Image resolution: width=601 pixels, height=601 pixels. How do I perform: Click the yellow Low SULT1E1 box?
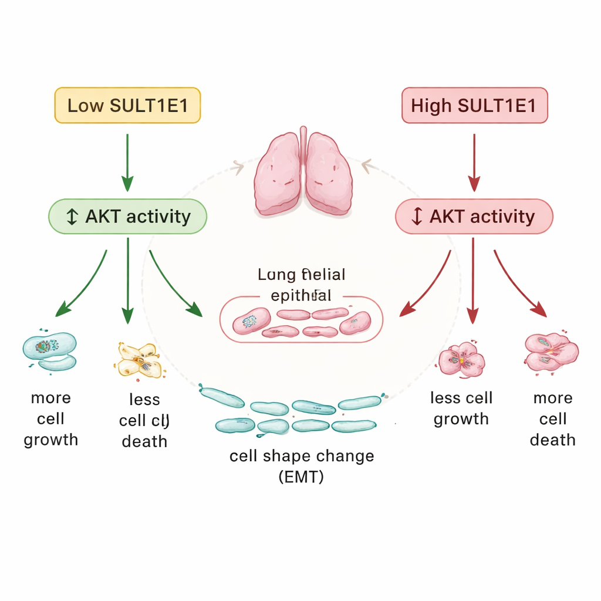coord(127,106)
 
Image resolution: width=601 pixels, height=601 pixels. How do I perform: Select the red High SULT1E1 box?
coord(474,106)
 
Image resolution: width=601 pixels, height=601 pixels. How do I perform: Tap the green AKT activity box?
coord(127,217)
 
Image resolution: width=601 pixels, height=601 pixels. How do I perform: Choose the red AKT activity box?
coord(474,217)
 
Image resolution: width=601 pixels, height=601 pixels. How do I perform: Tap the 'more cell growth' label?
coord(50,419)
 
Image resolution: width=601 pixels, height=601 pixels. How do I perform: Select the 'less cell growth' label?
coord(461,408)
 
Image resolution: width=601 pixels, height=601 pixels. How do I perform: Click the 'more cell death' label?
coord(552,419)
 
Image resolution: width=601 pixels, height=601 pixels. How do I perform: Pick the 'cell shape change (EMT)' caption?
coord(301,467)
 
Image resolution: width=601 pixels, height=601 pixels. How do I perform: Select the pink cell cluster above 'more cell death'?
coord(551,351)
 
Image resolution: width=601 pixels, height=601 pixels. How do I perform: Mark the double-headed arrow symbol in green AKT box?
coord(72,217)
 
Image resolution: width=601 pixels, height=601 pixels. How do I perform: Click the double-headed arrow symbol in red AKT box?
coord(417,217)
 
